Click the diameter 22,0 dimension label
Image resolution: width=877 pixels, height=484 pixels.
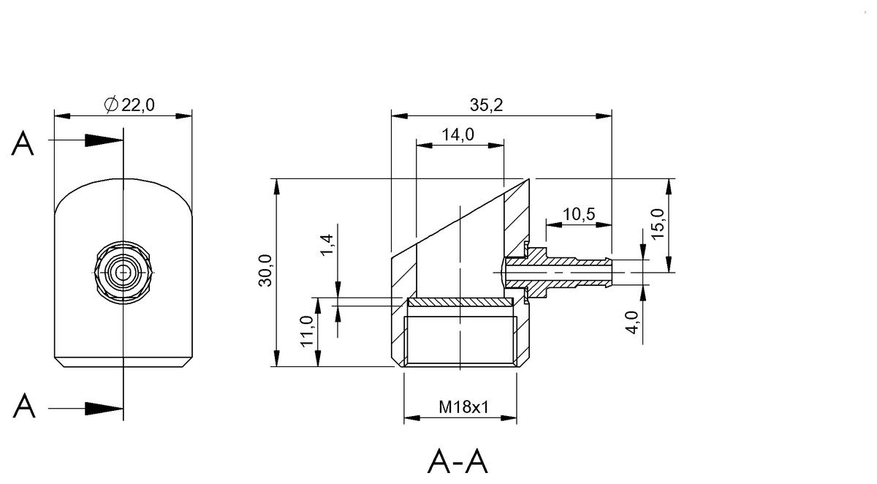coord(130,105)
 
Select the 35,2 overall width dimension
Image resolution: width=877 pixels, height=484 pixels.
coord(486,105)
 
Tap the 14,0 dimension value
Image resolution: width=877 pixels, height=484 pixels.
coord(458,135)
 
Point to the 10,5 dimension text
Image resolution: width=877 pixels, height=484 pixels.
coord(580,214)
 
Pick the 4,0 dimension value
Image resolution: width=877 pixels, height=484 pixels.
coord(632,322)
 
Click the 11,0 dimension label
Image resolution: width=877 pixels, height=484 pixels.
coord(306,331)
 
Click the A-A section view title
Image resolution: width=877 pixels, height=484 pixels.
coord(458,462)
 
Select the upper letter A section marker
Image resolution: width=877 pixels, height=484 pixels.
coord(23,145)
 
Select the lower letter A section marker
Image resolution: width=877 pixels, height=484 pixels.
coord(23,406)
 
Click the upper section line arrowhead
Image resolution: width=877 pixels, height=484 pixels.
coord(104,140)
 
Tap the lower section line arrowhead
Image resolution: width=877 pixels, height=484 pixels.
coord(104,408)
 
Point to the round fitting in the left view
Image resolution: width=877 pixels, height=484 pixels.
coord(124,272)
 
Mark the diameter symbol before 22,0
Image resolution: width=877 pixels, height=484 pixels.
coord(111,105)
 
